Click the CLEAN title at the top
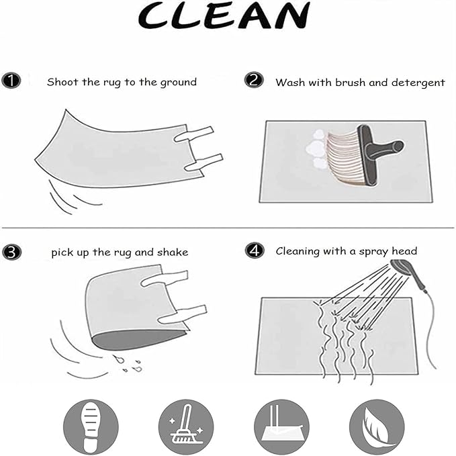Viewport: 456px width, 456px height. click(x=224, y=16)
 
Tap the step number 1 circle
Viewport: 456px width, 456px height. click(x=11, y=81)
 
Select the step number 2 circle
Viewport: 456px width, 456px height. click(x=254, y=80)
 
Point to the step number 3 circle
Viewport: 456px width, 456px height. click(x=12, y=252)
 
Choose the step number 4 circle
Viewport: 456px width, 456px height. click(x=255, y=250)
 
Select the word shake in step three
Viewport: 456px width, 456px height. click(x=173, y=252)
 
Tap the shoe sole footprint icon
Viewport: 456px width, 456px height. click(x=91, y=426)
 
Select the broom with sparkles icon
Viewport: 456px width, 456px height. click(x=186, y=426)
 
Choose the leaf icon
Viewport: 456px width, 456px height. click(x=377, y=426)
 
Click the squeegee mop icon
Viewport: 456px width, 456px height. click(x=281, y=426)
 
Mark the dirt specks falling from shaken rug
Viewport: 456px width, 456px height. click(x=128, y=363)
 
